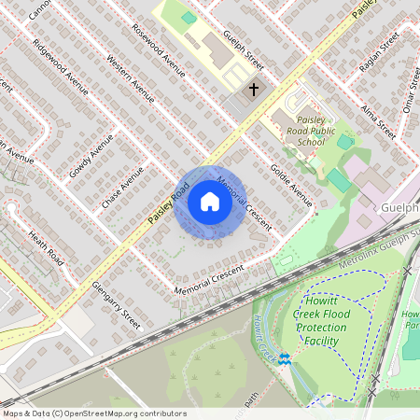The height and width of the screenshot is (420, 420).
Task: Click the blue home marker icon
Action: pyautogui.click(x=210, y=202)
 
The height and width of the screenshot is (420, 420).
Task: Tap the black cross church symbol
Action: pyautogui.click(x=253, y=91)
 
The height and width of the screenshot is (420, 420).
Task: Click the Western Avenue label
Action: pyautogui.click(x=130, y=83)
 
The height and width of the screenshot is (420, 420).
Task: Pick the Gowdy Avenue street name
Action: pyautogui.click(x=91, y=156)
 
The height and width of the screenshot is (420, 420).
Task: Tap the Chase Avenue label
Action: pyautogui.click(x=123, y=187)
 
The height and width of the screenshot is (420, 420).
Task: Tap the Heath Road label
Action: pyautogui.click(x=44, y=246)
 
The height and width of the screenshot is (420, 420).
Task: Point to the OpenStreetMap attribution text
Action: pyautogui.click(x=93, y=413)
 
